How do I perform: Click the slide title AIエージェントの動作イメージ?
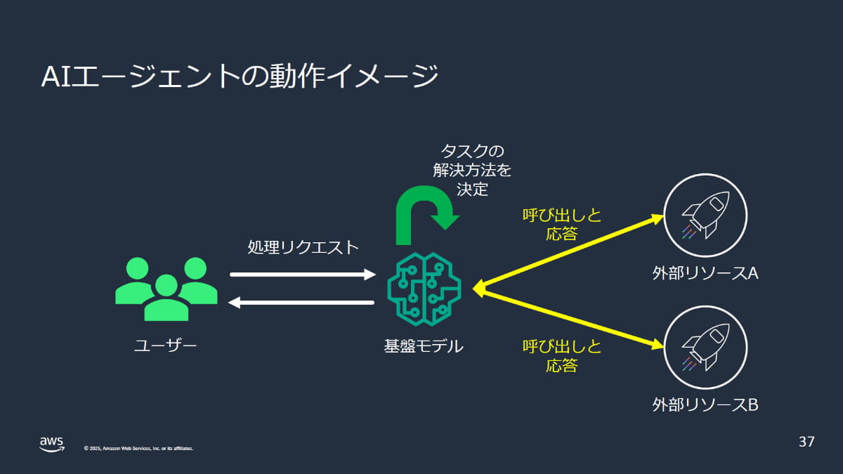tap(240, 76)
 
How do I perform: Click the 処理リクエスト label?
tap(303, 247)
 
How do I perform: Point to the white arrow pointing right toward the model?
tap(303, 275)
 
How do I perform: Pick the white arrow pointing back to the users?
tap(303, 303)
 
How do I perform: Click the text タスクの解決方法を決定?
tap(473, 170)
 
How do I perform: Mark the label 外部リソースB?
tap(705, 405)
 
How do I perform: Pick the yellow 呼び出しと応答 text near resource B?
tap(562, 355)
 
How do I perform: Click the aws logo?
tap(51, 444)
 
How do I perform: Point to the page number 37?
tap(806, 442)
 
